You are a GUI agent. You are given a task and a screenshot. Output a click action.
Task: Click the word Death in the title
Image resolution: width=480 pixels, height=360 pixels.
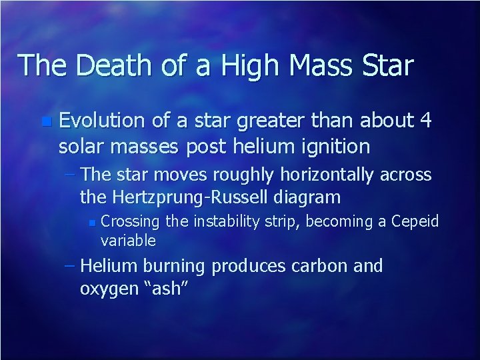pyautogui.click(x=106, y=65)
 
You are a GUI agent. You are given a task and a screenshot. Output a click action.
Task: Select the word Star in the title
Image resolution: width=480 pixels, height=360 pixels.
pyautogui.click(x=387, y=65)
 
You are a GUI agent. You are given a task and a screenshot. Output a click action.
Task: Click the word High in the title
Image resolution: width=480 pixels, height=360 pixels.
pyautogui.click(x=233, y=65)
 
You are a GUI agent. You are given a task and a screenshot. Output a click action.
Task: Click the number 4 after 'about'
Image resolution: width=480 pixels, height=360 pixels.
pyautogui.click(x=426, y=121)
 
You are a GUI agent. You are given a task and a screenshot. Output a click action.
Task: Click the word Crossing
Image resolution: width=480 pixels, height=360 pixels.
pyautogui.click(x=131, y=221)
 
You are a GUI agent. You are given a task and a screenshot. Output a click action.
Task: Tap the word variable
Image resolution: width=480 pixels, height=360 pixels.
pyautogui.click(x=128, y=240)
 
